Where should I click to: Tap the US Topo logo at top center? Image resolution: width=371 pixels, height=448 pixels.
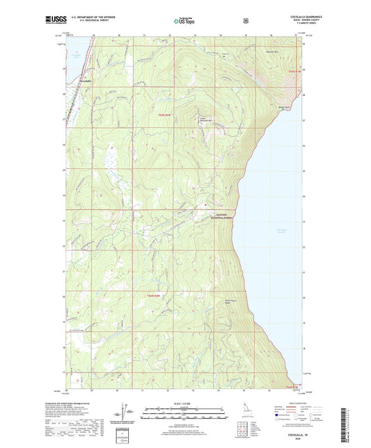click(183, 22)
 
